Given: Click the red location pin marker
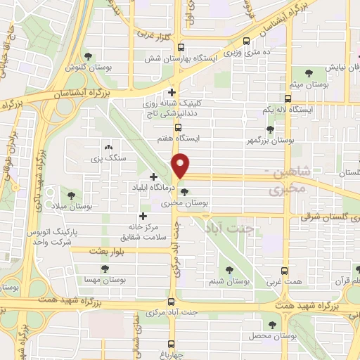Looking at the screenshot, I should click(x=181, y=165).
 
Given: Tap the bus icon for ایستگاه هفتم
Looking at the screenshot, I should click(x=179, y=128).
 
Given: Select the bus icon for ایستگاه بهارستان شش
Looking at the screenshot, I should click(x=181, y=48).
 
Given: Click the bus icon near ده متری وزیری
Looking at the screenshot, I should click(x=245, y=41).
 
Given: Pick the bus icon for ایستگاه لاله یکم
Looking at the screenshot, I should click(x=287, y=99).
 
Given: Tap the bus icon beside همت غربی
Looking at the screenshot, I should click(x=284, y=271).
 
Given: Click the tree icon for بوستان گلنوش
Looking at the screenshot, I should click(x=87, y=57).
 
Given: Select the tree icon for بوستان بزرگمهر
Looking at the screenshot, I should click(x=270, y=129).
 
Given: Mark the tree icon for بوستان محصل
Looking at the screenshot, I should click(x=273, y=324).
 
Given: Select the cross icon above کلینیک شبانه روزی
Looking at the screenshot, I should click(x=172, y=92).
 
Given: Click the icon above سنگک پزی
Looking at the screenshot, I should click(x=108, y=148).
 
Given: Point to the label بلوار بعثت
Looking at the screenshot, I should click(x=108, y=250).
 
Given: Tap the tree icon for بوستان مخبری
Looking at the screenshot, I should click(x=184, y=191).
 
